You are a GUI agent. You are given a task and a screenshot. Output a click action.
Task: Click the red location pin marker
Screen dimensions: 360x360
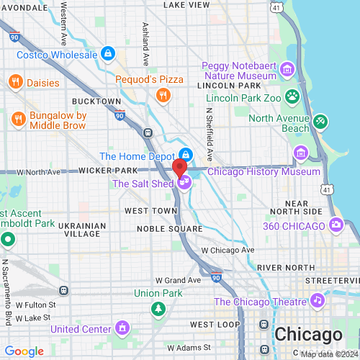pos(180,169)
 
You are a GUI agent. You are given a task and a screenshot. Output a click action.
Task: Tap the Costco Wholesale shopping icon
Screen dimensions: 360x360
pos(108,54)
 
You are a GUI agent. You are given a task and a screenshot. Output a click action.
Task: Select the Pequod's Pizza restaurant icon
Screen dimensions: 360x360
pos(163,94)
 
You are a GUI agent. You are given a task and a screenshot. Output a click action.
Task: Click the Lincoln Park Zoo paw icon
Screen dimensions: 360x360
pos(293,96)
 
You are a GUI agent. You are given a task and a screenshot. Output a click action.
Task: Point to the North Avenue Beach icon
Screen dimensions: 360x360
pos(320,122)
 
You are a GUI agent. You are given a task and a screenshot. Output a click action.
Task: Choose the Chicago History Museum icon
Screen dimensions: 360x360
pos(300,153)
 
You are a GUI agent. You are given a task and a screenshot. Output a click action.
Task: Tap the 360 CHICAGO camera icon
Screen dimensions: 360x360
pos(336,226)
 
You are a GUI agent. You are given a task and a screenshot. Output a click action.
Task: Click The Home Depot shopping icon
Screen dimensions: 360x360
pos(186,155)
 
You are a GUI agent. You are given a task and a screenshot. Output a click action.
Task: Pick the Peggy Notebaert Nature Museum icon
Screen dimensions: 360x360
pos(287,69)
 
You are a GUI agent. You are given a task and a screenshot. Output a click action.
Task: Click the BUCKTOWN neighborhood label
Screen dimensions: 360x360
pos(96,102)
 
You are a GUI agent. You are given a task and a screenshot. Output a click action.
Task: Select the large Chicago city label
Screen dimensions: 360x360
pos(308,335)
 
